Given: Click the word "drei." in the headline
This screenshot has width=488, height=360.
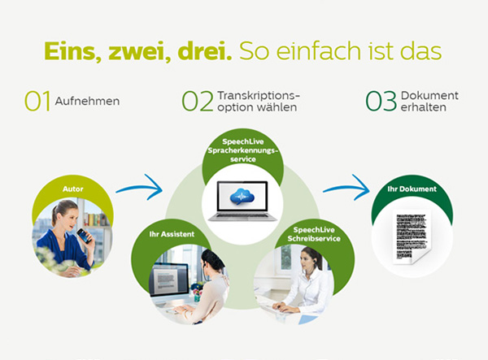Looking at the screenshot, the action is [x=204, y=50].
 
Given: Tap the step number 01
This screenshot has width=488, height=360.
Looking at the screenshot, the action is [x=37, y=101].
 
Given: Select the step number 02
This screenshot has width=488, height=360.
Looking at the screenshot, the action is [x=198, y=101].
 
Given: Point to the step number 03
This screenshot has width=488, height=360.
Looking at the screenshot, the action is [x=381, y=101].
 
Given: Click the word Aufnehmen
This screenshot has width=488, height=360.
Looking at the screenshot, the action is [x=88, y=102].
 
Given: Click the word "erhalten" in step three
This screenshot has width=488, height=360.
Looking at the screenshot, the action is [x=424, y=107].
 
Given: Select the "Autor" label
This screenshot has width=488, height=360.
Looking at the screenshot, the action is [x=73, y=189].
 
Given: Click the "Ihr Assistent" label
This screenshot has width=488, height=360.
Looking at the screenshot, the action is [x=172, y=234].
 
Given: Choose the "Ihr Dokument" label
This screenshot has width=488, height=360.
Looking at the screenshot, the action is [x=412, y=189].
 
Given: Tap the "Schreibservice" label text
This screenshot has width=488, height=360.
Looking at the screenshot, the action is [x=314, y=238].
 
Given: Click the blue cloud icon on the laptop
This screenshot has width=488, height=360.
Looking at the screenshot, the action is [x=242, y=197].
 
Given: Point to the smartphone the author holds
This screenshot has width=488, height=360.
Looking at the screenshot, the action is [x=84, y=236].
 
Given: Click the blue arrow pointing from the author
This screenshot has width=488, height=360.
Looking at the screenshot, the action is [x=139, y=187].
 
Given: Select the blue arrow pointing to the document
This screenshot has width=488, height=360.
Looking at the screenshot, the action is [x=346, y=188].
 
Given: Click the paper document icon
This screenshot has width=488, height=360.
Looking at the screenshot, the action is [x=412, y=237].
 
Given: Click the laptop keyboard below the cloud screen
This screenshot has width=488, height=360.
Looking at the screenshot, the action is [x=242, y=216].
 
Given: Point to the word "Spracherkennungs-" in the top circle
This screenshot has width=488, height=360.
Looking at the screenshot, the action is [x=243, y=151].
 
